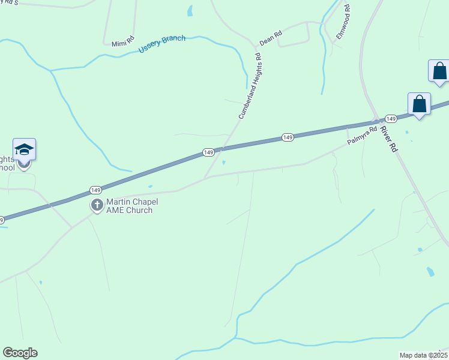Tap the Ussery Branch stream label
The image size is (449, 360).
(x=162, y=44)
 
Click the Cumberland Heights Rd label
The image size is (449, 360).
(x=250, y=86)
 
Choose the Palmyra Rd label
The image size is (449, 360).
(x=362, y=136)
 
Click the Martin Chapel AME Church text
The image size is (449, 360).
(x=129, y=206)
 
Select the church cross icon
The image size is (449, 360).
(x=96, y=206)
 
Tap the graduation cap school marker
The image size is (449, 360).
(x=24, y=150)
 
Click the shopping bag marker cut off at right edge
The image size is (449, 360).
(x=439, y=71)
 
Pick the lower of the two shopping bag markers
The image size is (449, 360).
(x=419, y=104)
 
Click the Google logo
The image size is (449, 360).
(x=20, y=352)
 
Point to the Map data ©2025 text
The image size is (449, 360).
(x=423, y=355)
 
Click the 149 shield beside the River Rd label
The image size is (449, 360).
(x=390, y=119)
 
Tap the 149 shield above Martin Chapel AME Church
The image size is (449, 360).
(x=95, y=190)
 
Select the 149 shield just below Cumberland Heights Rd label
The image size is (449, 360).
(x=208, y=153)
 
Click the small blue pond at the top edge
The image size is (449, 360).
(x=190, y=11)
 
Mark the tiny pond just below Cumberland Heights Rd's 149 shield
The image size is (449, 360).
(x=224, y=162)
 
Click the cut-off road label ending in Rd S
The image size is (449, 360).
(x=9, y=2)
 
